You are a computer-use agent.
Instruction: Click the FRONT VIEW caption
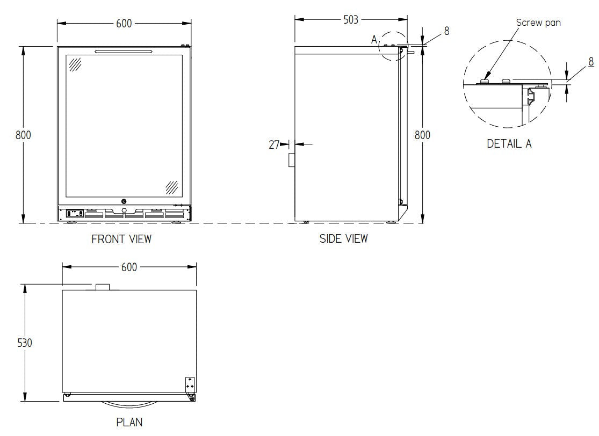pos(121,239)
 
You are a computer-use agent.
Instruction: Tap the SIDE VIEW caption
pos(344,238)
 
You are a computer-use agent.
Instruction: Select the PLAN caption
pos(129,423)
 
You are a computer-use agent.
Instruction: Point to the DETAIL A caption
pos(509,144)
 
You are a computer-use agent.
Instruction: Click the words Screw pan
pos(538,23)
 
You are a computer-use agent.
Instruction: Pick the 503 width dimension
pos(351,20)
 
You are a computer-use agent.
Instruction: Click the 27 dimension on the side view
pos(274,144)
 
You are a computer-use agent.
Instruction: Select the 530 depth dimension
pos(25,342)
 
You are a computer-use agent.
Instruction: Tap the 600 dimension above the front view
pos(124,24)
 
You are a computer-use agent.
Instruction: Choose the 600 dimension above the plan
pos(129,267)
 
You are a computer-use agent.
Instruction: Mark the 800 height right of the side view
pos(422,135)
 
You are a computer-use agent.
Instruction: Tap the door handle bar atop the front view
pos(124,52)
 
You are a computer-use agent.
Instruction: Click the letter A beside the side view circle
pos(374,39)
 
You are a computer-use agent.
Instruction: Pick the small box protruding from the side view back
pos(292,159)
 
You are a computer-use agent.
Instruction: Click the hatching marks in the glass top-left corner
pos(75,64)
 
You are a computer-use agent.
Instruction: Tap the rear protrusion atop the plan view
pos(103,287)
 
